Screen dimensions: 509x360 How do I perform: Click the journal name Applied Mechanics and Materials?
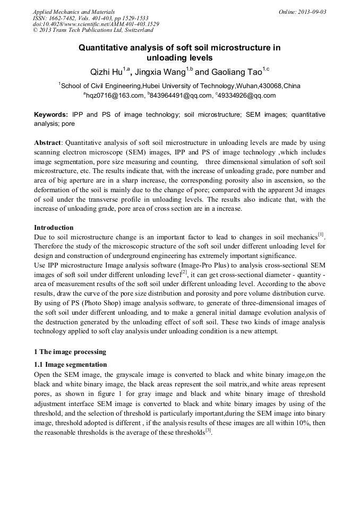[x=73, y=12]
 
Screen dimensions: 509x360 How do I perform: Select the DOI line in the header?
[x=96, y=24]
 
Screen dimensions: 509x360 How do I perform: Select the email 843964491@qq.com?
[x=179, y=96]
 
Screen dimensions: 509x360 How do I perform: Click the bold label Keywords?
[x=51, y=115]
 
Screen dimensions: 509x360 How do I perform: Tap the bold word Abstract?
[x=48, y=143]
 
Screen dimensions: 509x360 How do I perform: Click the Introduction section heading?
[x=54, y=228]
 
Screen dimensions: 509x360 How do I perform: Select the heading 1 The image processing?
[x=70, y=352]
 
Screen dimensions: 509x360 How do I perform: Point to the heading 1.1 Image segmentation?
[x=71, y=365]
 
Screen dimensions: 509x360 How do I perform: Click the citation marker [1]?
[x=322, y=234]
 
